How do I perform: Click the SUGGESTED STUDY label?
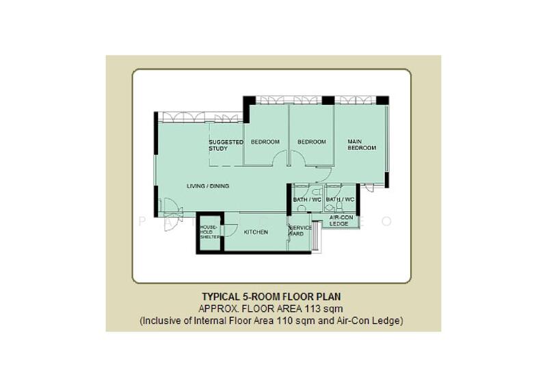tap(226, 145)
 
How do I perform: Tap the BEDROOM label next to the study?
tap(265, 142)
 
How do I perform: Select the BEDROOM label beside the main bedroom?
tap(311, 142)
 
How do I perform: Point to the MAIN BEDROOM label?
tap(361, 145)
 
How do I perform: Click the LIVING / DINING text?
tap(208, 186)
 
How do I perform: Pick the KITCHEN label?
tap(256, 232)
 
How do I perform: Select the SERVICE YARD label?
tap(299, 230)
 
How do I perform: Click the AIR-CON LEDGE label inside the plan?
tap(341, 220)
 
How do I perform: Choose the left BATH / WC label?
tap(307, 199)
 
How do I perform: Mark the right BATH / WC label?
tap(340, 199)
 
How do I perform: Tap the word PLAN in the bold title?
tap(329, 297)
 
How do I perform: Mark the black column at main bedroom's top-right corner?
tap(382, 100)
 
